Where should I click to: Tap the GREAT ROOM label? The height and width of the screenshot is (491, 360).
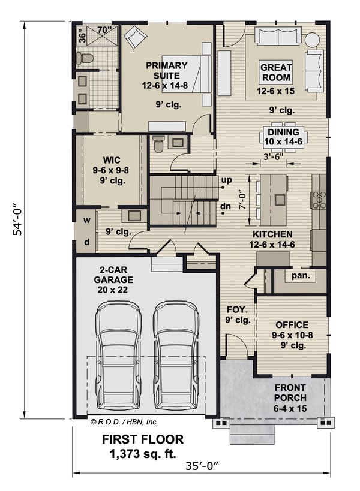click(x=275, y=73)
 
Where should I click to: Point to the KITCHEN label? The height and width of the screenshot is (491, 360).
click(x=272, y=234)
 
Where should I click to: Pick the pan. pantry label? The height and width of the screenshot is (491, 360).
click(x=301, y=276)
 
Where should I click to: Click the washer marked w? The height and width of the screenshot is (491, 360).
click(x=86, y=219)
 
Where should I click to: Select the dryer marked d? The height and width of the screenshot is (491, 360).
click(x=86, y=242)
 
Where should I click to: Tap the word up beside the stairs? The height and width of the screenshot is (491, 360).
click(x=226, y=180)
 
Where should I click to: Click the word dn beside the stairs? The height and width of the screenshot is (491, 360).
click(x=226, y=207)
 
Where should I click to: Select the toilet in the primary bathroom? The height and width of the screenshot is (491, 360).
click(x=85, y=58)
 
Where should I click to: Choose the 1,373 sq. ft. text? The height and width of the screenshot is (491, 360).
click(x=142, y=453)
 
